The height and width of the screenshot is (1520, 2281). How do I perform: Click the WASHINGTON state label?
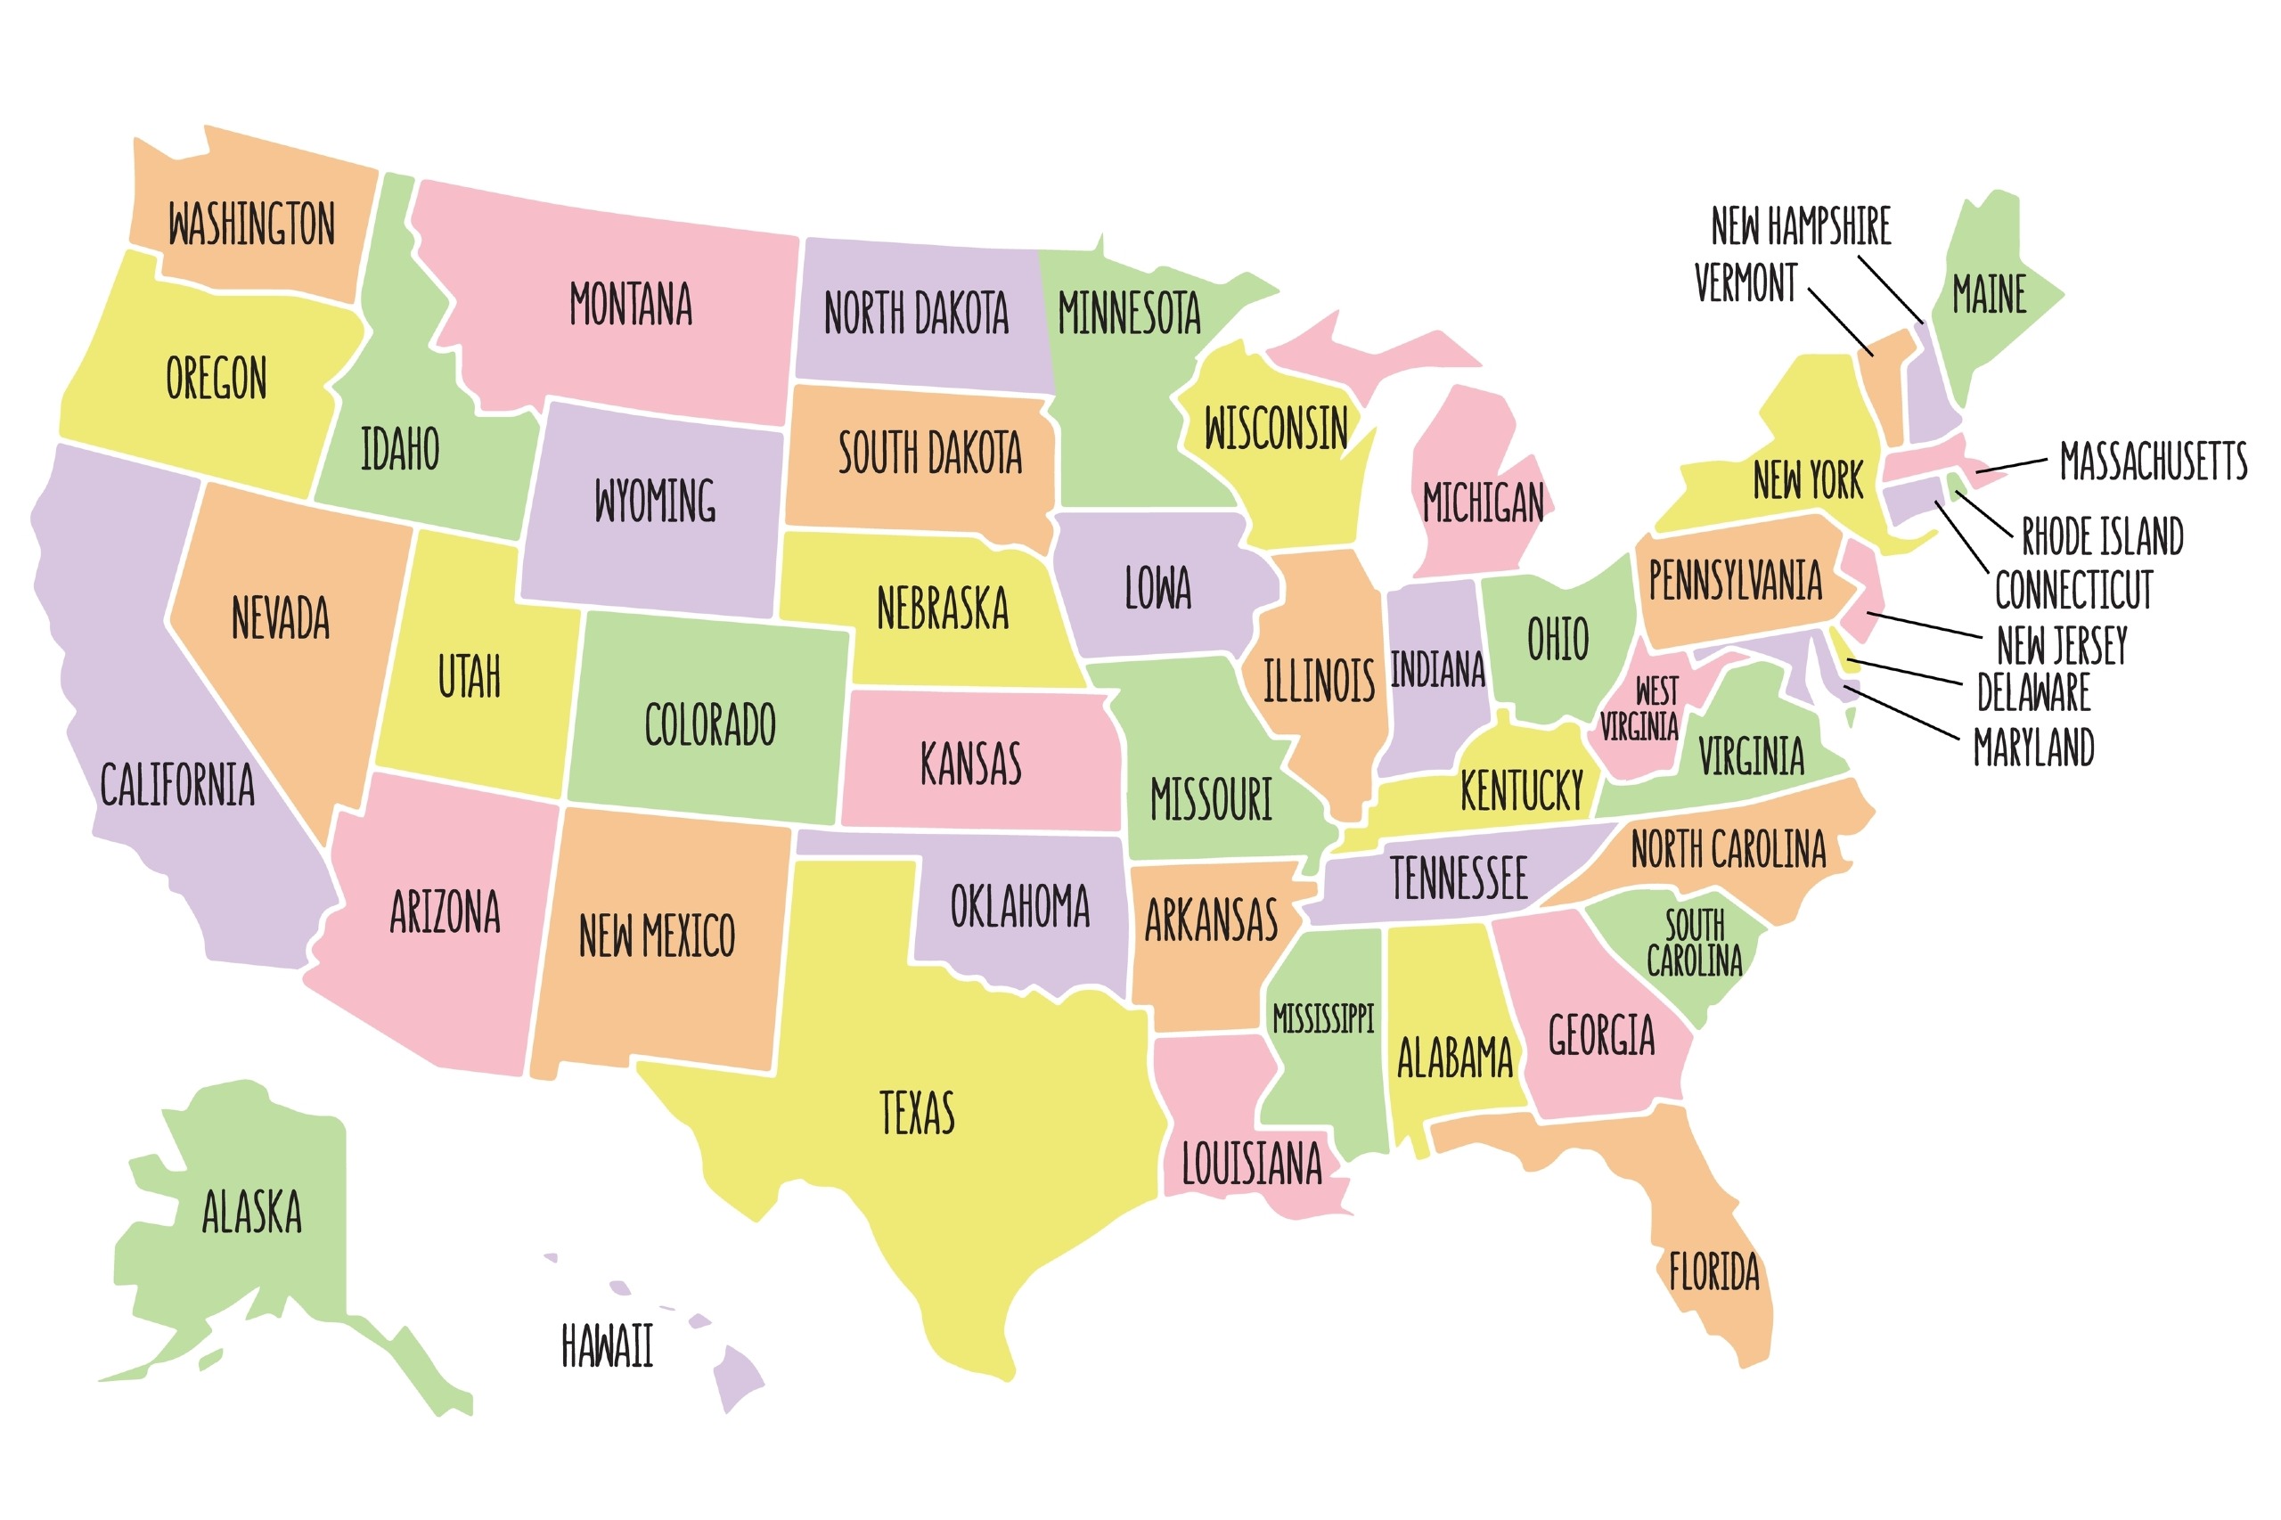(x=251, y=224)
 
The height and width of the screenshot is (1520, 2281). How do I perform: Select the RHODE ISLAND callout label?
(x=2101, y=535)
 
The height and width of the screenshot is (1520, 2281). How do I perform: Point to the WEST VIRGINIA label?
(x=1641, y=708)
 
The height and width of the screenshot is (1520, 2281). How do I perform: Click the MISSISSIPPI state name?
(x=1322, y=1017)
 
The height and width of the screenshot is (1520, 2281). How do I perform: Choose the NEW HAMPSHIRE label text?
(x=1800, y=226)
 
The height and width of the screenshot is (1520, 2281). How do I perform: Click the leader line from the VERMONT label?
(x=1840, y=321)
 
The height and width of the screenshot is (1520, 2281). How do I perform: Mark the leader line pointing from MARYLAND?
(x=1900, y=713)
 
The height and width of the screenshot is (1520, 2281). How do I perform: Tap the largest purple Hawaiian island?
(x=738, y=1377)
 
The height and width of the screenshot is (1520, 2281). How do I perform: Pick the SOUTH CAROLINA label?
(x=1694, y=943)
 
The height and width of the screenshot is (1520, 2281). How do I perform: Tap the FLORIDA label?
(x=1713, y=1271)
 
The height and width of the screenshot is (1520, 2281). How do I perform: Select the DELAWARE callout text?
(x=2032, y=692)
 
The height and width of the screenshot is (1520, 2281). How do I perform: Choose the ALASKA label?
(x=251, y=1211)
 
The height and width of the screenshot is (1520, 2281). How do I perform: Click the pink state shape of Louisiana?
(x=1202, y=1095)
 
